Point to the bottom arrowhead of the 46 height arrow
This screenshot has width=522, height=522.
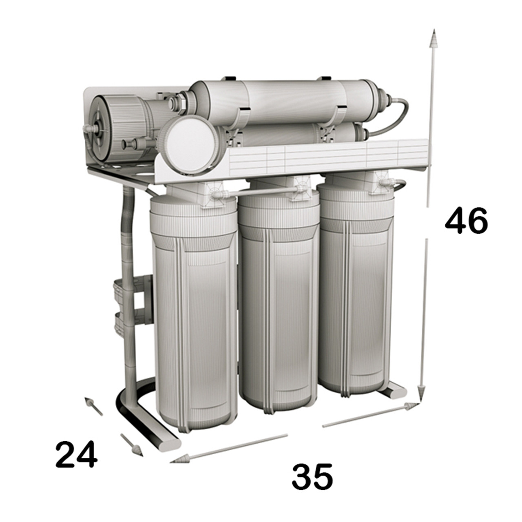point(420,398)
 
